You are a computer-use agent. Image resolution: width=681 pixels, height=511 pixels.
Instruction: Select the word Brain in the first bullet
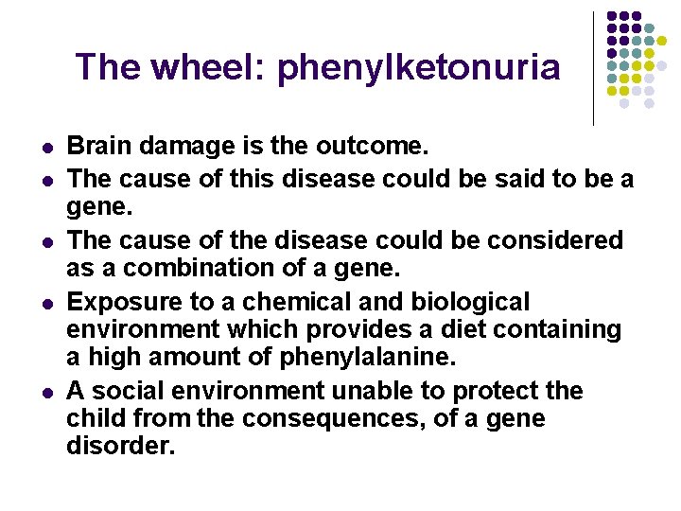[x=99, y=147]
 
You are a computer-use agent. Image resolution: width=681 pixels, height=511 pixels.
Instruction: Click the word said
[x=502, y=178]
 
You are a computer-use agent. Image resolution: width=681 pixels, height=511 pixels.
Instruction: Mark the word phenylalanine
[x=366, y=357]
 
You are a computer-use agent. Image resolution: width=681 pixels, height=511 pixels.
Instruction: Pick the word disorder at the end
[x=120, y=446]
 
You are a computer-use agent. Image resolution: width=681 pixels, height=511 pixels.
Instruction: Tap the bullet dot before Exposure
[x=45, y=304]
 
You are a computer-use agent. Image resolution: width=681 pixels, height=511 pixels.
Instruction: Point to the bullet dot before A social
[x=45, y=393]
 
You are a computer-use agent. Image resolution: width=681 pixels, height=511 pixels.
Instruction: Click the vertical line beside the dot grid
[x=593, y=68]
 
